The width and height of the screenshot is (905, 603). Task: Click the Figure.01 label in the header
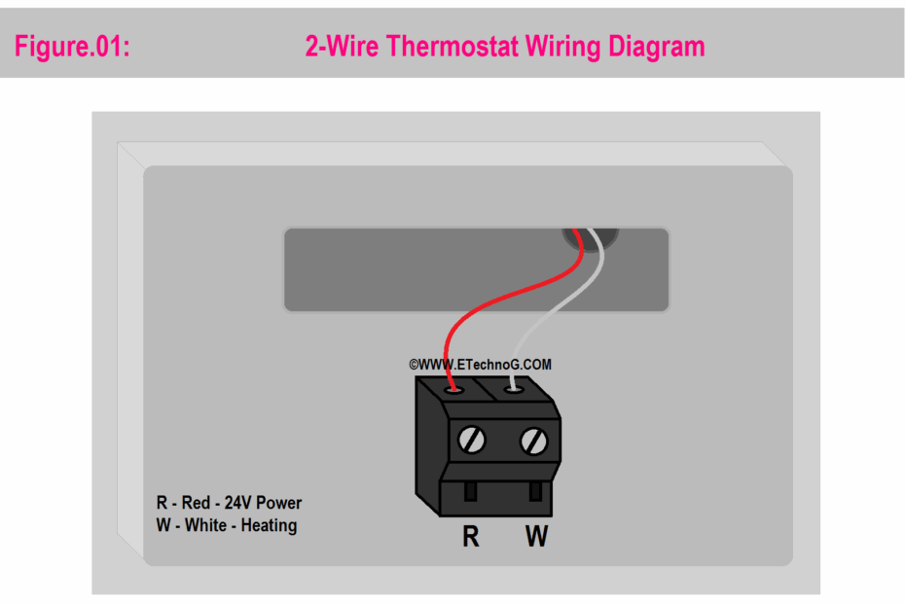coord(71,46)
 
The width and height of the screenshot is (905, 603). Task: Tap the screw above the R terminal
coord(471,441)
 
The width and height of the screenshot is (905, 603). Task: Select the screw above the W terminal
coord(532,441)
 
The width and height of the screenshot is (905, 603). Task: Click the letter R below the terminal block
coord(470,536)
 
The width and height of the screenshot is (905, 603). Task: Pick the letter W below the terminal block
coord(536,536)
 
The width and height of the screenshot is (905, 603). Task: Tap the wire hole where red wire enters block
coord(452,389)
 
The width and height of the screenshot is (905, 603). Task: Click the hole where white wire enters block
coord(514,389)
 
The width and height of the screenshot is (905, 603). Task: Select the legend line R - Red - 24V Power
coord(229,503)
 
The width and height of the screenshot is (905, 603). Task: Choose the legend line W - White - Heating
coord(226,525)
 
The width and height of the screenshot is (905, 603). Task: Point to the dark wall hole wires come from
coord(598,238)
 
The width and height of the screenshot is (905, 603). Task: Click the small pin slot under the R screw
coord(471,490)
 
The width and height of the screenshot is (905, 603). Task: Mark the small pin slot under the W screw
coord(534,490)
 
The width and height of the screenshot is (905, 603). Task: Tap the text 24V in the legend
coord(239,503)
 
